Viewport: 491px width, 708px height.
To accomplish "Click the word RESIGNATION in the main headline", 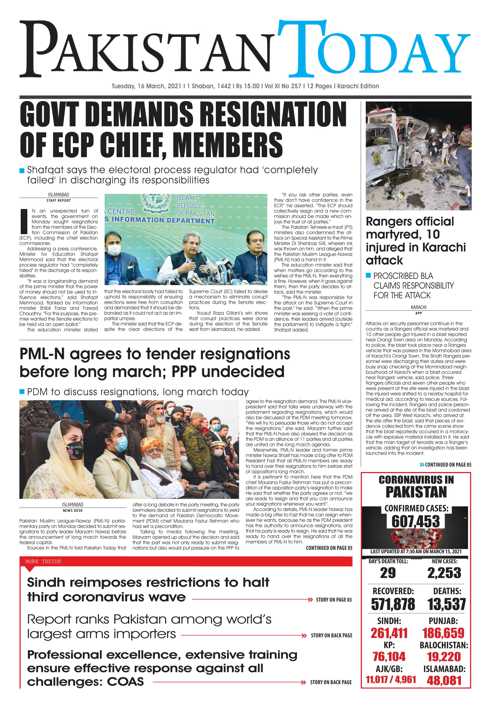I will click(x=274, y=114).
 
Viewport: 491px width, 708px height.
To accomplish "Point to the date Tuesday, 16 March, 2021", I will click(x=146, y=86).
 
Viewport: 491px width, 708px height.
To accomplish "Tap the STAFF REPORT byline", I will click(x=58, y=200).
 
